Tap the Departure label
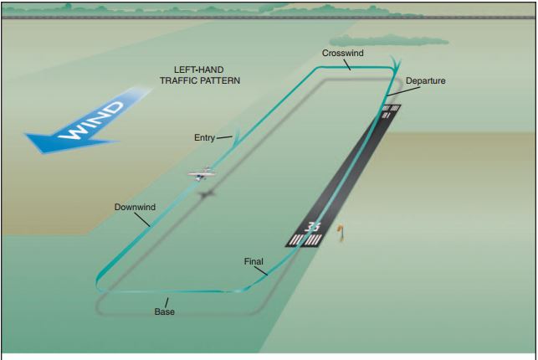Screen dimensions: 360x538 click(426, 81)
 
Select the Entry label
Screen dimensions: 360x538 click(203, 137)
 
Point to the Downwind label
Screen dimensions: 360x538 click(134, 206)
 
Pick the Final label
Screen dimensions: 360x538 click(254, 260)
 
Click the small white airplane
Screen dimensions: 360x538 click(202, 175)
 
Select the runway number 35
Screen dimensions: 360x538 click(313, 228)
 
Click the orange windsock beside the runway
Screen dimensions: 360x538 click(341, 232)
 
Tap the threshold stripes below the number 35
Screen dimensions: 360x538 click(305, 241)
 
